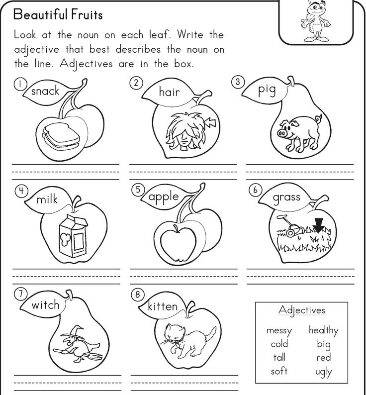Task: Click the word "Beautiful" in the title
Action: pos(40,14)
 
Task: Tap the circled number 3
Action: pos(238,82)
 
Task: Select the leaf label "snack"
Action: pos(45,91)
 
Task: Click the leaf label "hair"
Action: pos(169,92)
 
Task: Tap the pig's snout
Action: pos(282,133)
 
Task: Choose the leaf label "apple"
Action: pos(164,197)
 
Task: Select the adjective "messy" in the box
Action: pos(279,330)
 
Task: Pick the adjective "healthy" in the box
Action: pos(323,330)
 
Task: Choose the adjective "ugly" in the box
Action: pos(323,372)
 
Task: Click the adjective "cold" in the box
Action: pos(279,344)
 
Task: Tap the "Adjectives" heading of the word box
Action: pos(302,310)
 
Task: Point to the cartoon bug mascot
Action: pos(315,21)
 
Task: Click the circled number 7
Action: pos(20,294)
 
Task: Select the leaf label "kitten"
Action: pos(163,306)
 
